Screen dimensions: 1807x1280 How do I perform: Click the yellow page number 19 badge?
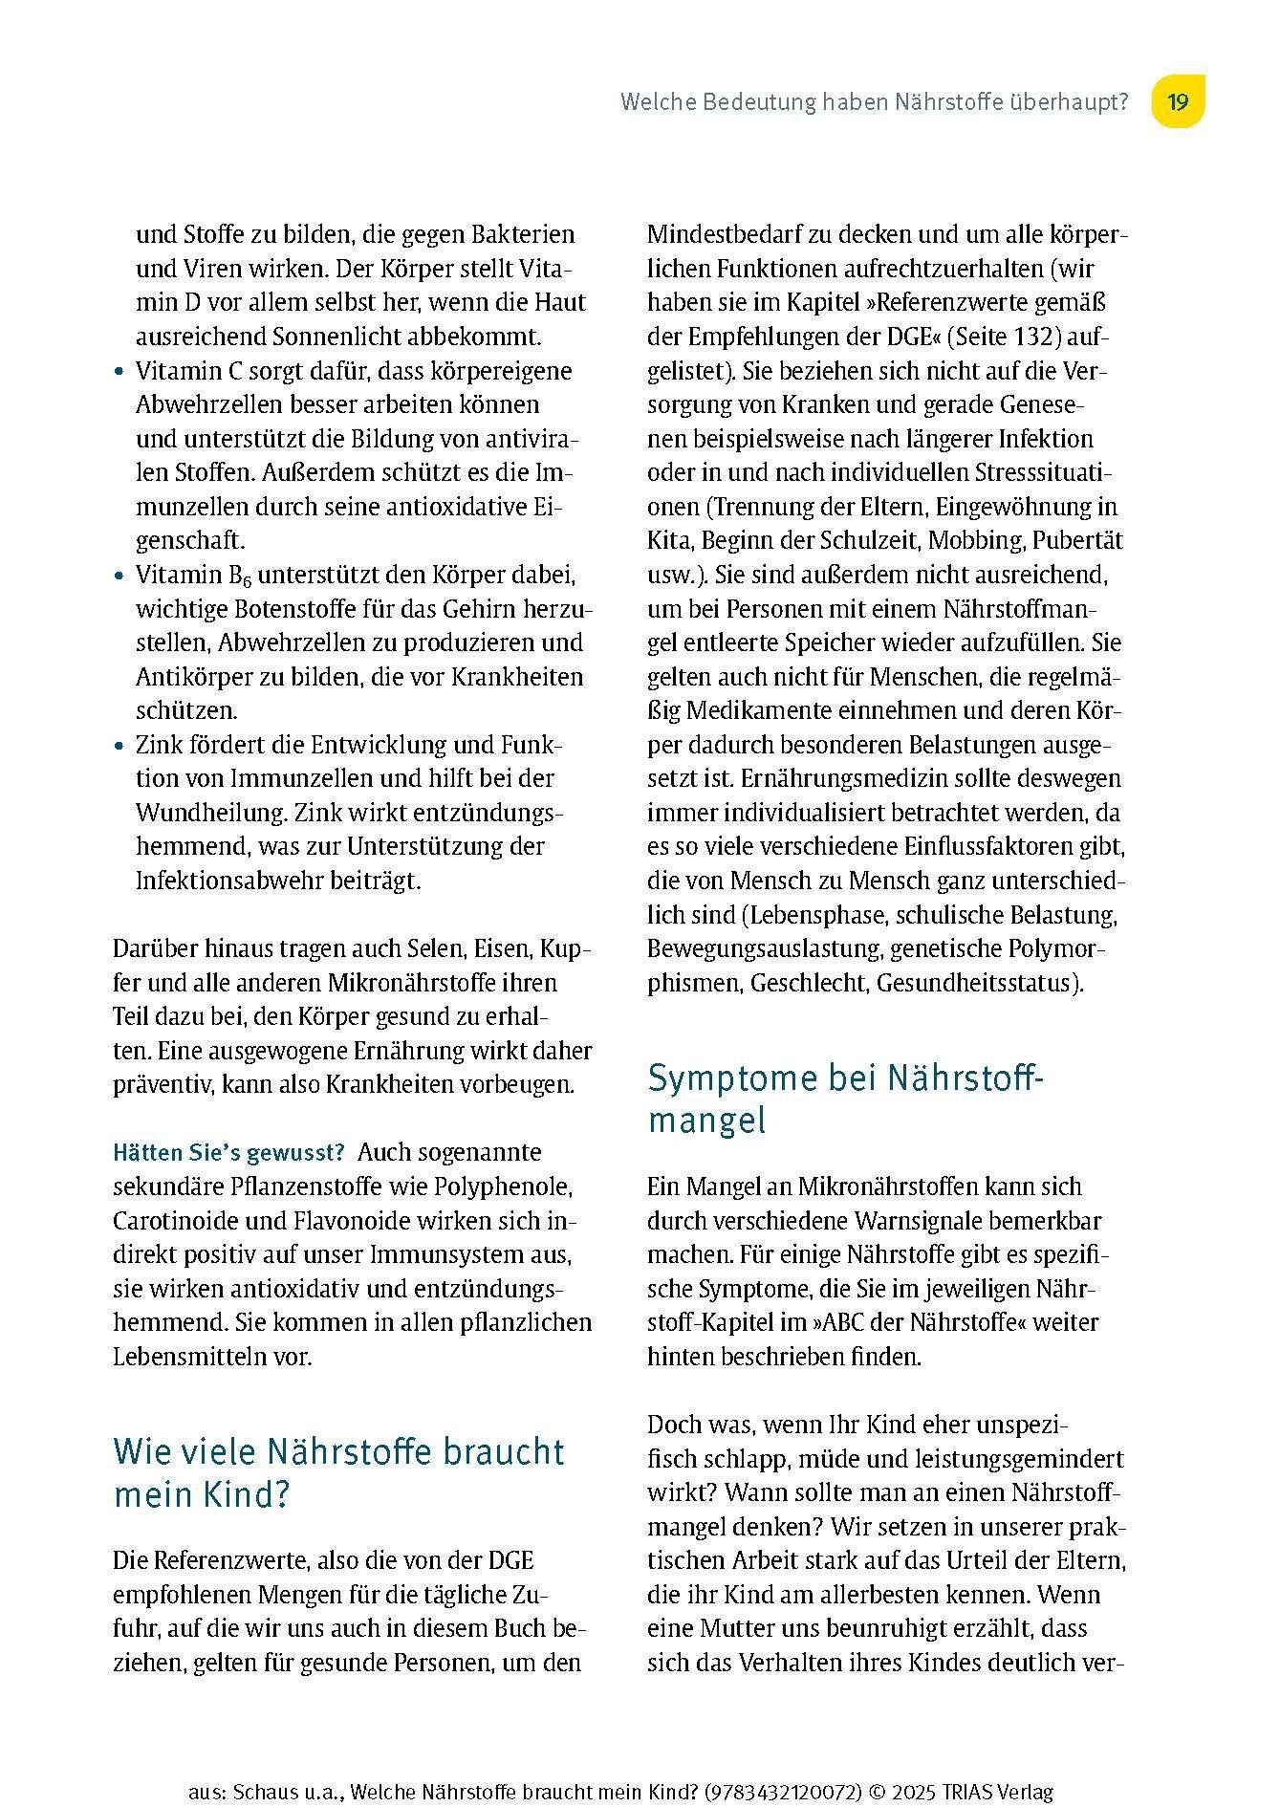point(1178,101)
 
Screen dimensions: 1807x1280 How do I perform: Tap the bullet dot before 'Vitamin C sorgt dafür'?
point(119,372)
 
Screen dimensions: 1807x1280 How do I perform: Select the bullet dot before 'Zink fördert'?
point(119,746)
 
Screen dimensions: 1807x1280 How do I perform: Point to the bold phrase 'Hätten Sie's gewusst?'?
point(228,1152)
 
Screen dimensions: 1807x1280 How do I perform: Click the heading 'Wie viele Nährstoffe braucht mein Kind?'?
point(338,1472)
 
